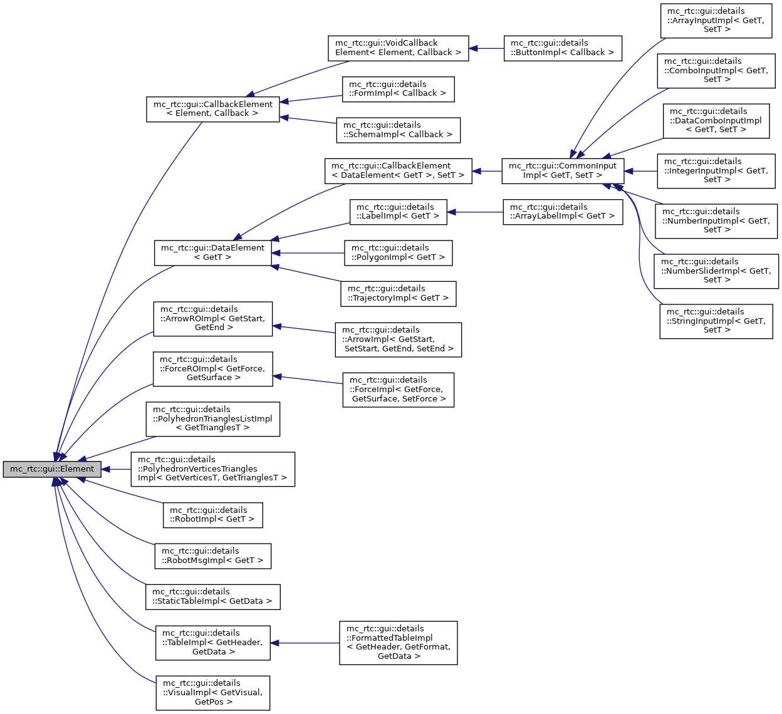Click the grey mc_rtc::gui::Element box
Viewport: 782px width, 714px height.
coord(51,469)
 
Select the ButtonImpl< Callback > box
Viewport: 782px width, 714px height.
coord(562,48)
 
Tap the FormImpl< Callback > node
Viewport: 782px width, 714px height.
coord(398,89)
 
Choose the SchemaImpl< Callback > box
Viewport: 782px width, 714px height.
coord(398,130)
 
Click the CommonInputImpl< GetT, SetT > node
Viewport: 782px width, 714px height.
coord(562,171)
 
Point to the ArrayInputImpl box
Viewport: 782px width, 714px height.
coord(716,21)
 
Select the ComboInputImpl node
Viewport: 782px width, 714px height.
coord(716,71)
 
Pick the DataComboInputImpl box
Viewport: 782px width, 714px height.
coord(716,121)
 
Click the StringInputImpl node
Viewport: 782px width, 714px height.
coord(716,321)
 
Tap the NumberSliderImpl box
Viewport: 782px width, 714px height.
coord(716,271)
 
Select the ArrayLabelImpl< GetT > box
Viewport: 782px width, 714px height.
coord(562,212)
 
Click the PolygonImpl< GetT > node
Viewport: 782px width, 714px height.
coord(398,253)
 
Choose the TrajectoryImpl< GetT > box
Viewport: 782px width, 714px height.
coord(398,294)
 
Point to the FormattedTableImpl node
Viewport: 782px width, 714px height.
coord(398,643)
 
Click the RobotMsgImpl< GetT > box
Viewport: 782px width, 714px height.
coord(212,556)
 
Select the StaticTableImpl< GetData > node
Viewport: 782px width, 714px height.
coord(212,597)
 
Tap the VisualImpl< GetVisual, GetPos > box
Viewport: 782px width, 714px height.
coord(212,693)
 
